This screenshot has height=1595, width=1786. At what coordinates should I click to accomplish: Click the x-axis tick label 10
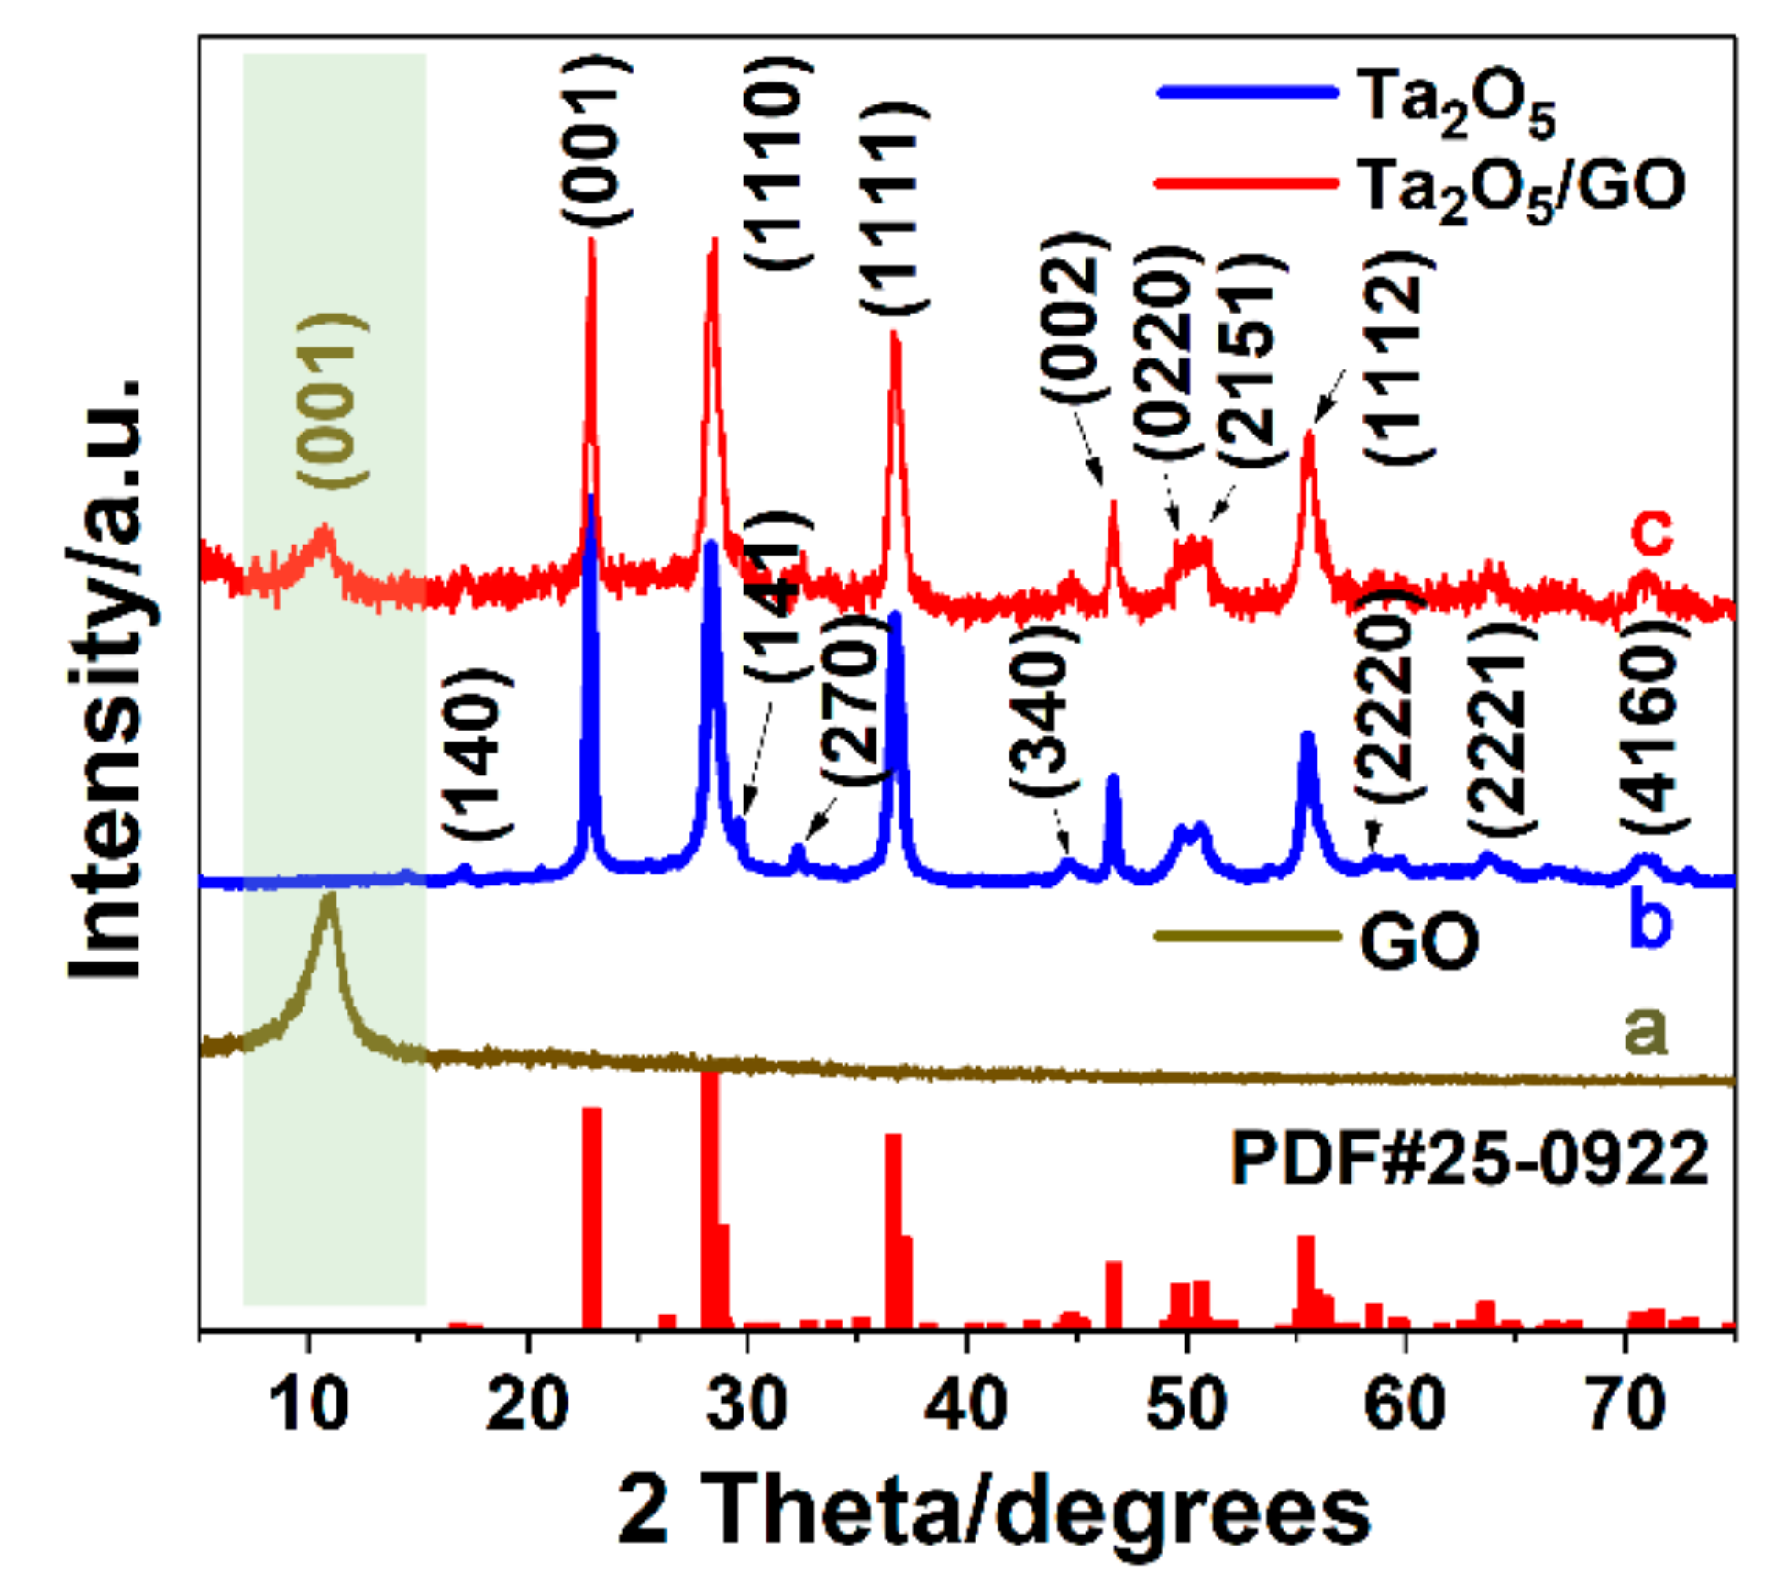310,1403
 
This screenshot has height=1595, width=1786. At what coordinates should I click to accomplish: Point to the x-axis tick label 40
965,1403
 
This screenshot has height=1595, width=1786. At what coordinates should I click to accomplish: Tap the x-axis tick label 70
1625,1403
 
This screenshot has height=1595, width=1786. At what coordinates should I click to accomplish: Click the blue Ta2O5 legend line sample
1247,92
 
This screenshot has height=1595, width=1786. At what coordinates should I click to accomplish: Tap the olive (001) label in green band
332,401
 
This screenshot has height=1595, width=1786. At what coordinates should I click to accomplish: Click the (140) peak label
477,753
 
